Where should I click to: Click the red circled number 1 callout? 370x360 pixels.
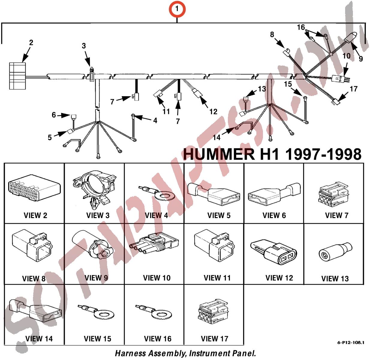pyautogui.click(x=177, y=9)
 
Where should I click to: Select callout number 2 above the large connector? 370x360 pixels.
pyautogui.click(x=31, y=42)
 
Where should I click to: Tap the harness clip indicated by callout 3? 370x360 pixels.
pyautogui.click(x=92, y=74)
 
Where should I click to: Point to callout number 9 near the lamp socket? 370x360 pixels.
pyautogui.click(x=361, y=58)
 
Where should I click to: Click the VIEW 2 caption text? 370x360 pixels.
pyautogui.click(x=35, y=215)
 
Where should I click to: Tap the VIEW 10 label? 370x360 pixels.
pyautogui.click(x=157, y=278)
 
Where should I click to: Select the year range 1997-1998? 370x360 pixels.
pyautogui.click(x=323, y=154)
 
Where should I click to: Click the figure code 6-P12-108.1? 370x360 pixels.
pyautogui.click(x=351, y=343)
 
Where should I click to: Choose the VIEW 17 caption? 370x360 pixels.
pyautogui.click(x=214, y=339)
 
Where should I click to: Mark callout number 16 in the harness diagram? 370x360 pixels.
pyautogui.click(x=301, y=27)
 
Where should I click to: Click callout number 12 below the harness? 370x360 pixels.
pyautogui.click(x=213, y=112)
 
